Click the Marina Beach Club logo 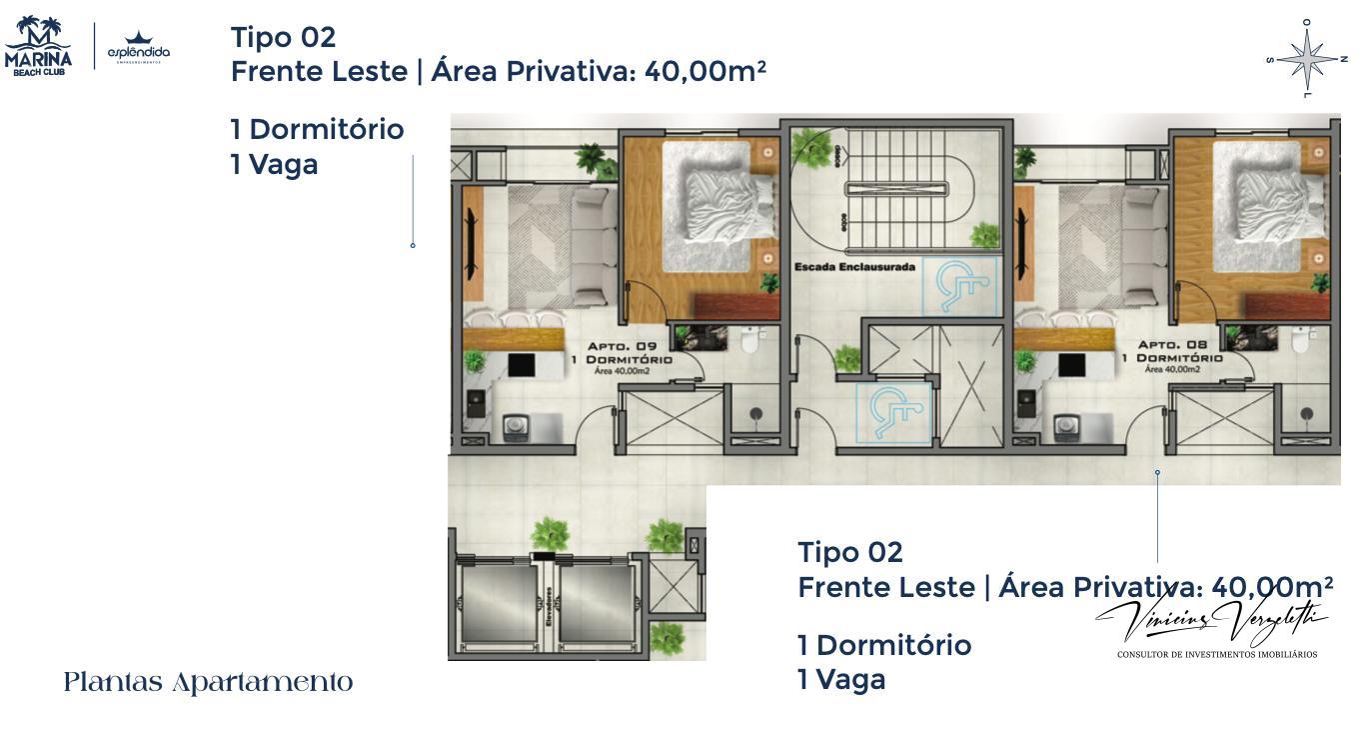click(38, 46)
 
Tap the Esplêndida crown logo click(139, 47)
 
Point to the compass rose click(1306, 59)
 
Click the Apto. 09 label click(622, 347)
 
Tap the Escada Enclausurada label click(854, 267)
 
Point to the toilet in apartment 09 click(750, 340)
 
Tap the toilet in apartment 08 click(1300, 340)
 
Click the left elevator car click(497, 605)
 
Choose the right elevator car click(596, 605)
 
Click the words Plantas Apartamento click(208, 683)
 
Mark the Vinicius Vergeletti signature click(1215, 622)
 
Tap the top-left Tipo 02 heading click(283, 37)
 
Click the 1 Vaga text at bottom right click(841, 680)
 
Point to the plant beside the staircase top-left click(808, 148)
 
